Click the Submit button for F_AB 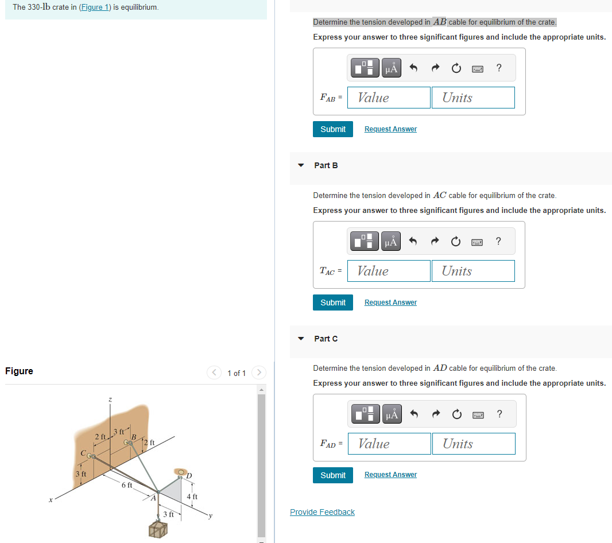[333, 129]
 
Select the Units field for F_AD [473, 444]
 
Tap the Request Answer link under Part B [390, 302]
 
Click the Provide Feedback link [322, 512]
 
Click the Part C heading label [326, 339]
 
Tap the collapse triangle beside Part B [301, 165]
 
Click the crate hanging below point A [158, 530]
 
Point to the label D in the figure [189, 476]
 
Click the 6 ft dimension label [127, 485]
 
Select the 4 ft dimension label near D [192, 497]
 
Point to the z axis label [110, 399]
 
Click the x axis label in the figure [51, 501]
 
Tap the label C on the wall [84, 454]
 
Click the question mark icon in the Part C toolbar [499, 414]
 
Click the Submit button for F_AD [333, 475]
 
